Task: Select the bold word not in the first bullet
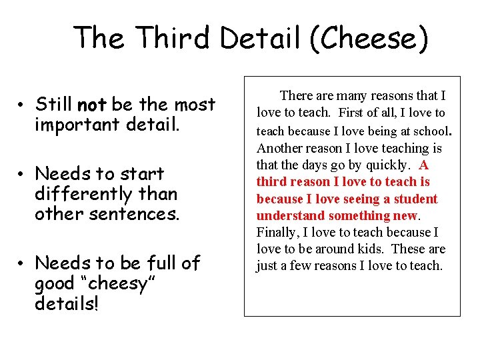92,105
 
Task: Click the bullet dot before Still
22,105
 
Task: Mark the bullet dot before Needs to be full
22,264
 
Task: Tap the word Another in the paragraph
279,148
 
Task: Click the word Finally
276,232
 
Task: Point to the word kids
366,249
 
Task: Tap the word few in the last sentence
299,266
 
